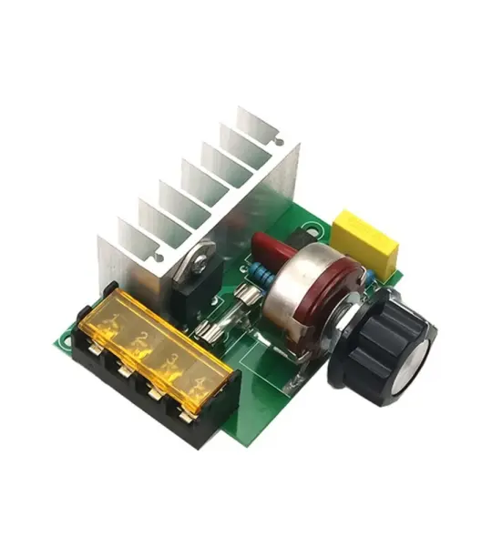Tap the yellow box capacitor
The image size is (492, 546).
click(365, 240)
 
